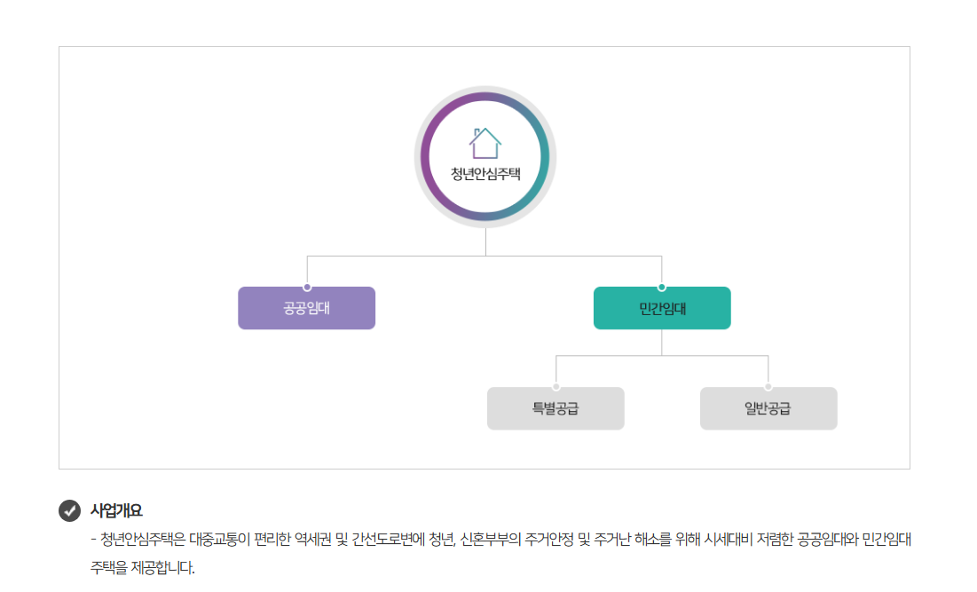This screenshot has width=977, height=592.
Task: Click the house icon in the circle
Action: coord(485,142)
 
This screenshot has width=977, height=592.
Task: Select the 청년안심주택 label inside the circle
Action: coord(485,173)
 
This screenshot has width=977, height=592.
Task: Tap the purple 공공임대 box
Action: coord(306,309)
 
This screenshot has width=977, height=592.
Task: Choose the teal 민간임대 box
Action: coord(662,309)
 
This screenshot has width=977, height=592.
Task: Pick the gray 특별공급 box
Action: coord(555,409)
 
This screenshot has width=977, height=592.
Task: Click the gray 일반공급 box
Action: coord(768,409)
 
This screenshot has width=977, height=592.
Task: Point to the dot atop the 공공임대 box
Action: coord(307,287)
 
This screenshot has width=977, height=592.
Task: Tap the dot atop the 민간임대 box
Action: coord(662,287)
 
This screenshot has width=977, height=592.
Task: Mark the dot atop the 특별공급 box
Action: coord(556,387)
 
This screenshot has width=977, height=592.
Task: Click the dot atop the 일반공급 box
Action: coord(768,387)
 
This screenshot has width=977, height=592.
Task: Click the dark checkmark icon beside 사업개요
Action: coord(69,511)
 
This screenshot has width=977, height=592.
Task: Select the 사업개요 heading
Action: coord(116,511)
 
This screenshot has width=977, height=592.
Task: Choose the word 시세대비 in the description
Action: coord(728,540)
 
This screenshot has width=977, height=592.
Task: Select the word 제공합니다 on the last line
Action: coord(162,567)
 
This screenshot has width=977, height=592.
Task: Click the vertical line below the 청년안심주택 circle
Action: coord(485,242)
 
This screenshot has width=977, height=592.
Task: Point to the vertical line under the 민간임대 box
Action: coord(662,342)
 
